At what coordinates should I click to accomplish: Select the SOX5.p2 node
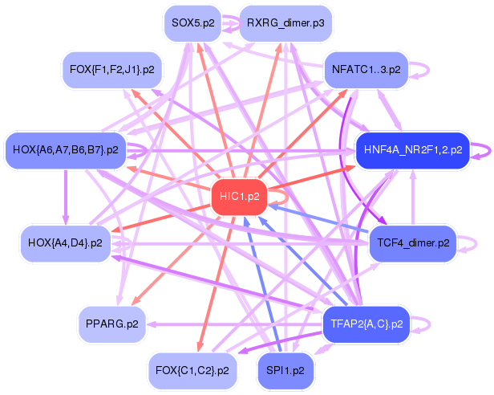tap(192, 23)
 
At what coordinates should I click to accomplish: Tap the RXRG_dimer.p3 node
tap(285, 23)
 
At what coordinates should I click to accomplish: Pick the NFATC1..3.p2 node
tap(366, 70)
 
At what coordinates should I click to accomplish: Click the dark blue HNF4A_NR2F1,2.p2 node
tap(412, 149)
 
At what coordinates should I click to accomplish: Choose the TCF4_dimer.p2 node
tap(412, 242)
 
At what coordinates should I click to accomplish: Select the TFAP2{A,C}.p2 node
tap(366, 324)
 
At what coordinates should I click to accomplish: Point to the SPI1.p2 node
tap(285, 370)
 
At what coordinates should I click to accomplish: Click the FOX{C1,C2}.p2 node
tap(192, 370)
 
